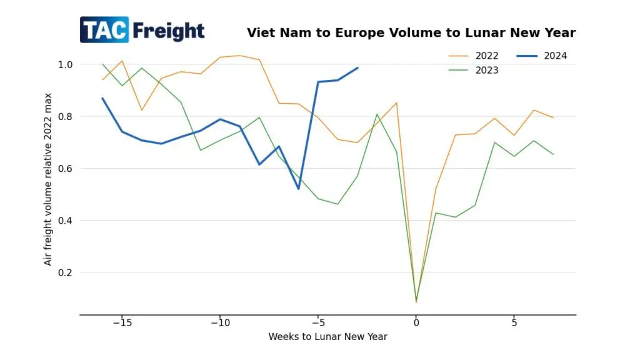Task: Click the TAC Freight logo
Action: [142, 30]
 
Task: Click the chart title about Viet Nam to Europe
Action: [411, 32]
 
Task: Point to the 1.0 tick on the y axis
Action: [66, 64]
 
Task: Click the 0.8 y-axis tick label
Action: [66, 116]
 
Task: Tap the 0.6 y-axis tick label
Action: [66, 168]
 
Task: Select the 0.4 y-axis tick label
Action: [66, 221]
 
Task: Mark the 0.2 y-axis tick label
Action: [66, 272]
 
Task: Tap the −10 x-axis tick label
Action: [219, 323]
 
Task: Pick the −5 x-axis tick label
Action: [317, 323]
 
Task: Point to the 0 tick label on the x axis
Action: [416, 323]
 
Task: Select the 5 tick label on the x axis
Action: [514, 323]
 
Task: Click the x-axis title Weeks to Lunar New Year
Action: [327, 337]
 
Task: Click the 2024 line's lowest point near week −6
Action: [298, 189]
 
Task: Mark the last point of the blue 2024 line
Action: [357, 67]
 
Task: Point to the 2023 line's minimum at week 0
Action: [416, 302]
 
